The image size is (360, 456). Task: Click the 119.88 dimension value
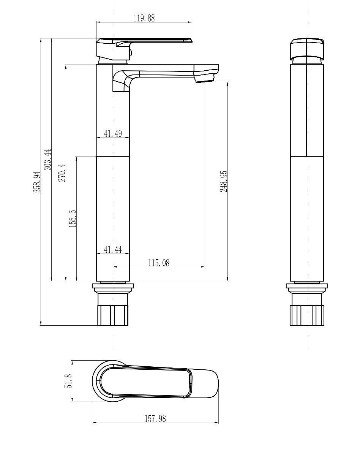[x=144, y=18]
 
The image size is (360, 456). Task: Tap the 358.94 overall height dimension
[x=37, y=182]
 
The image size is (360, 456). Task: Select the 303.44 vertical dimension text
[x=47, y=160]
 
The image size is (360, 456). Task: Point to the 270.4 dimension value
[x=62, y=173]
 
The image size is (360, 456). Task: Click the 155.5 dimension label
[x=73, y=219]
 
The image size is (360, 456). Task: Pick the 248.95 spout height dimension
[x=224, y=181]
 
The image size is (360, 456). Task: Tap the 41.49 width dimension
[x=113, y=133]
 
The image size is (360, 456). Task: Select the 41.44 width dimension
[x=113, y=249]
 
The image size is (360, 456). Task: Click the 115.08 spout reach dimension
[x=159, y=263]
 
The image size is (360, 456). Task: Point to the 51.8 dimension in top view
[x=68, y=381]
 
